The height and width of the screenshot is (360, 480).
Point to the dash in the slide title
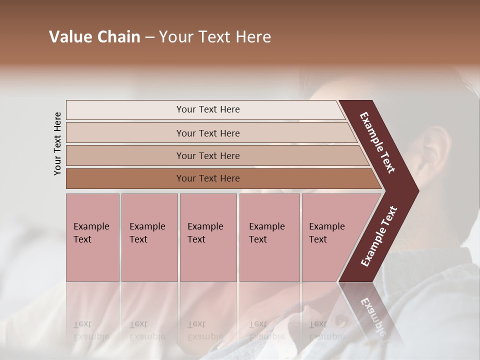149,37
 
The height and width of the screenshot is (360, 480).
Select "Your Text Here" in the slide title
215,37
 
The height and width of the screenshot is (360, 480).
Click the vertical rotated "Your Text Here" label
57,144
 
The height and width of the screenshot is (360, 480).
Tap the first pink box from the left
92,237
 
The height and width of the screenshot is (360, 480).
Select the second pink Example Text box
149,237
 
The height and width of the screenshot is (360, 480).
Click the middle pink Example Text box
208,237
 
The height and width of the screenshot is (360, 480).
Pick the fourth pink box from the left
269,237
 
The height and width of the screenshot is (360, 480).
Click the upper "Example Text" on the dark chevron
377,142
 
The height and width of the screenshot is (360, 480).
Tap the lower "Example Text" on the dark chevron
379,236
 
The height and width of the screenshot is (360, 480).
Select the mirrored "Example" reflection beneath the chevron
372,317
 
